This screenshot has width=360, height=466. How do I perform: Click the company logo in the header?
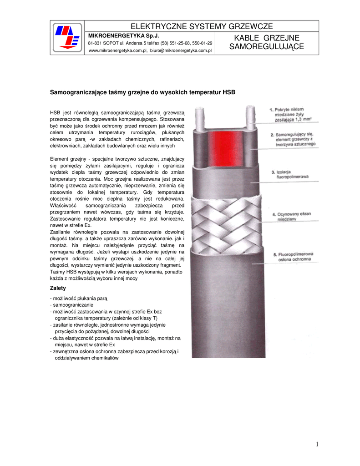(x=66, y=38)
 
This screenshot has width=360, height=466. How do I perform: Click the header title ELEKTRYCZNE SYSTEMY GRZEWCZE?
(x=202, y=26)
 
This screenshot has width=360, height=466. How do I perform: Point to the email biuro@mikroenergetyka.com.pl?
(x=181, y=51)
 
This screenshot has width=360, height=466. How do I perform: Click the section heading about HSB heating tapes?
(x=142, y=92)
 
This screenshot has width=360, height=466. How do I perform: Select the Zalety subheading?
(x=57, y=288)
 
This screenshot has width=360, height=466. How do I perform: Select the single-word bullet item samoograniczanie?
(x=73, y=305)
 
